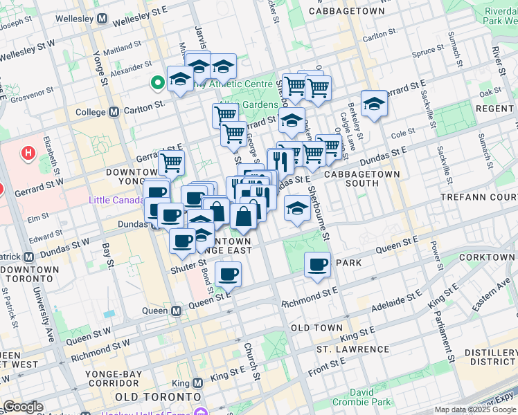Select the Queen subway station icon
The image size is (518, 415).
(177, 311)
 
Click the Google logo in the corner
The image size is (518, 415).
(22, 407)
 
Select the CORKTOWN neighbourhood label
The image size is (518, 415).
(490, 257)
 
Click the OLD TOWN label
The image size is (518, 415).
(316, 327)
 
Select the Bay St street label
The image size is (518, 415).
(107, 254)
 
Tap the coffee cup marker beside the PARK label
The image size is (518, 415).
(317, 265)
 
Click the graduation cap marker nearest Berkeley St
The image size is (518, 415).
(374, 104)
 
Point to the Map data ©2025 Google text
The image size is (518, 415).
(475, 409)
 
